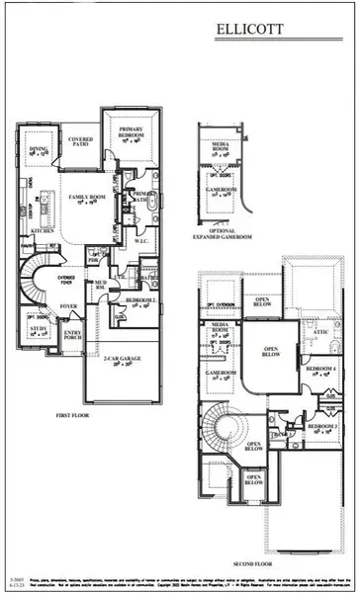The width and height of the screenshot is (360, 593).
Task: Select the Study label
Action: (38, 331)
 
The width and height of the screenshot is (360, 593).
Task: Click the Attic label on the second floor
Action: (320, 334)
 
